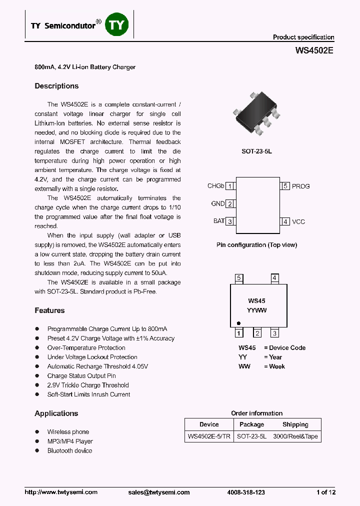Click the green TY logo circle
[117, 25]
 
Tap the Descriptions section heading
[56, 86]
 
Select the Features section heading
[49, 310]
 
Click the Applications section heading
[56, 413]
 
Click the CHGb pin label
[215, 186]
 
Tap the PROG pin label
[300, 186]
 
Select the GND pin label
[217, 203]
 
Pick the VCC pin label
[298, 221]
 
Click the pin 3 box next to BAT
[230, 221]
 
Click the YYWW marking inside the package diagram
[256, 310]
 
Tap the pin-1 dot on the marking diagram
[238, 323]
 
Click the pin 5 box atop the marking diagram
[239, 278]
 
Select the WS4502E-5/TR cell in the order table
[209, 436]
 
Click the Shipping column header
[295, 424]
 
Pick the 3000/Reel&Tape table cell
[295, 436]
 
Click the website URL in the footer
[61, 492]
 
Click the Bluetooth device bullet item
[69, 450]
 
